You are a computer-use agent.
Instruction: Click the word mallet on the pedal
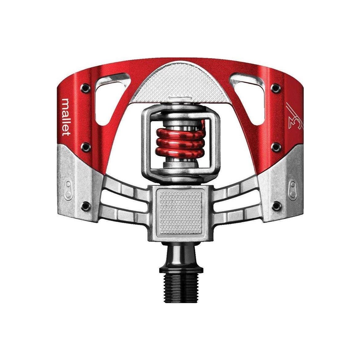pyautogui.click(x=66, y=117)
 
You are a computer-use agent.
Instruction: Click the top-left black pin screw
pyautogui.click(x=86, y=87)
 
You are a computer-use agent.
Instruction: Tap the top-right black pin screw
pyautogui.click(x=275, y=87)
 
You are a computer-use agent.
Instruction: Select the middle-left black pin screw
pyautogui.click(x=86, y=146)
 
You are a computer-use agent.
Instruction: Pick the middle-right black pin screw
pyautogui.click(x=275, y=146)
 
